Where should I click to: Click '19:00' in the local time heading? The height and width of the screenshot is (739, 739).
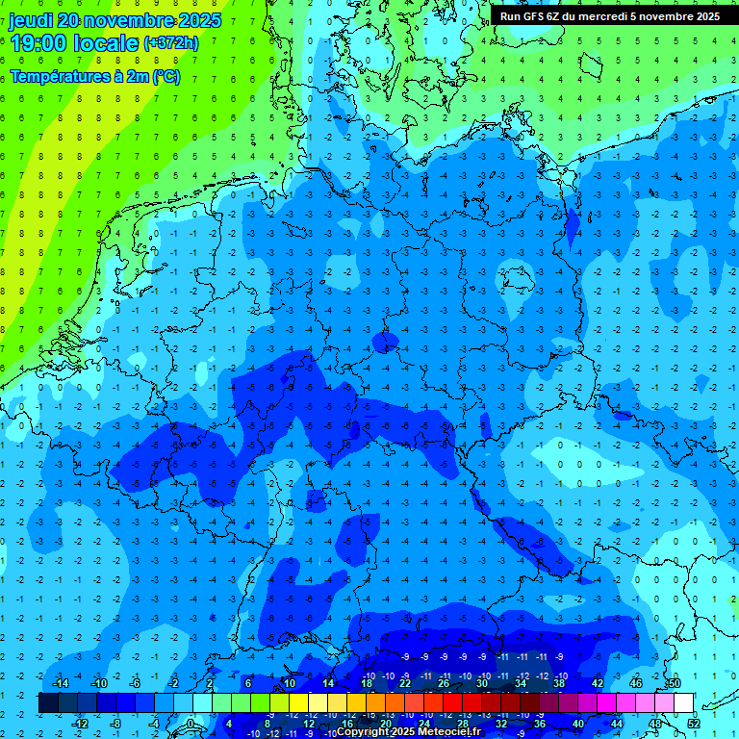(36, 42)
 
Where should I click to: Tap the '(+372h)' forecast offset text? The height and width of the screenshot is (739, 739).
(171, 43)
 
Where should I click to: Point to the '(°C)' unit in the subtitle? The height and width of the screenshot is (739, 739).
(165, 76)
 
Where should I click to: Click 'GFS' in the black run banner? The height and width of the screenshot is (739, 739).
(533, 16)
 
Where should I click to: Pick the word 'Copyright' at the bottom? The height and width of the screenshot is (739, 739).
(365, 732)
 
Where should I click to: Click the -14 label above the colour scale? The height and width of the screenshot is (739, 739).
(61, 683)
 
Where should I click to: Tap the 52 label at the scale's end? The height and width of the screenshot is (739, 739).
(694, 723)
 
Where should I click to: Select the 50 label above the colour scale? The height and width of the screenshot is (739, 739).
(674, 683)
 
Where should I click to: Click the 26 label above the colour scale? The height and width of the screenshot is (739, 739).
(444, 683)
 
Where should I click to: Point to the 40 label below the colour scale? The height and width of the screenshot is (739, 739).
(578, 723)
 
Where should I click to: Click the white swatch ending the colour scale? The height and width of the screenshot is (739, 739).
(683, 703)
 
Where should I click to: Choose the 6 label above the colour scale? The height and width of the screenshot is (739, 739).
(247, 683)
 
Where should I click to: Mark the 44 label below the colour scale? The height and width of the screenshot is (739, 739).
(617, 723)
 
